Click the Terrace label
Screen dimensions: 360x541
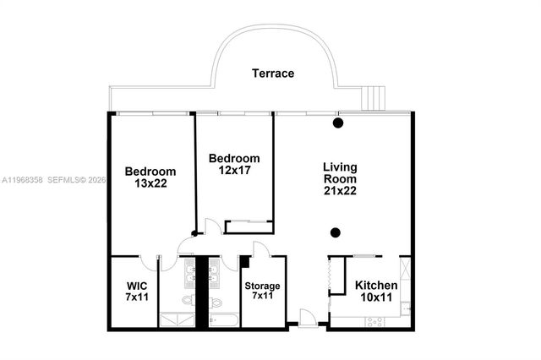273,74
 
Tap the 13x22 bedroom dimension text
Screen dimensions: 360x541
150,183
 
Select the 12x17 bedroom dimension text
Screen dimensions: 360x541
234,171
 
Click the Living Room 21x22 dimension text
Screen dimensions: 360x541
340,192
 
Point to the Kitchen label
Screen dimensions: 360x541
376,286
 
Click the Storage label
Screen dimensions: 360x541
262,286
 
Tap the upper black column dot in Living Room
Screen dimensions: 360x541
338,124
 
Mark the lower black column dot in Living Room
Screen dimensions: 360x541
336,232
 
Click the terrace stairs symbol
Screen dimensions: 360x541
373,98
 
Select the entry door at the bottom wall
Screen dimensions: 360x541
309,319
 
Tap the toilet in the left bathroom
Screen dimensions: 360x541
189,301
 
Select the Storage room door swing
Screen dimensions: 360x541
261,250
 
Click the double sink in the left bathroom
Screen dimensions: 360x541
191,272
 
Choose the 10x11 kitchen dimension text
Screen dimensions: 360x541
376,297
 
